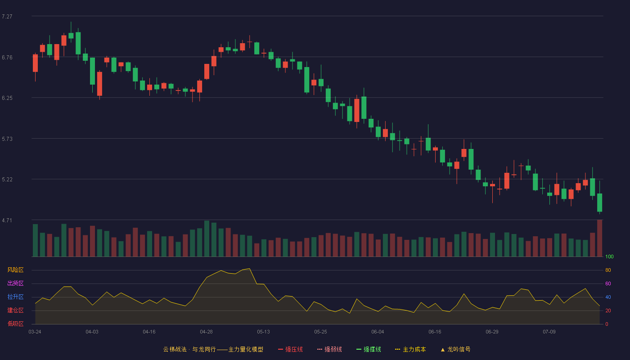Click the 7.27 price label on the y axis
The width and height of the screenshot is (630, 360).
click(x=7, y=17)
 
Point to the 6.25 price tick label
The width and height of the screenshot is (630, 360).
click(x=7, y=98)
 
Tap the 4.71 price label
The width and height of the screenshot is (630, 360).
click(x=7, y=220)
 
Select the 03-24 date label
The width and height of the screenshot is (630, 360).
click(x=35, y=332)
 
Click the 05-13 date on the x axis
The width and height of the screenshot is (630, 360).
click(x=263, y=332)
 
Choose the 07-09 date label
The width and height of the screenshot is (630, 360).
click(x=549, y=332)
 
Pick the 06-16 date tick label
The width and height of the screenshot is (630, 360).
click(x=435, y=332)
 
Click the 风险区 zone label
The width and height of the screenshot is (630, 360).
click(x=15, y=270)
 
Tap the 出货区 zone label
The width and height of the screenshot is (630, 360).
click(x=15, y=283)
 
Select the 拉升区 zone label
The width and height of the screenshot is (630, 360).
click(x=15, y=297)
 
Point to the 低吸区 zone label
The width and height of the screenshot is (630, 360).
click(x=15, y=324)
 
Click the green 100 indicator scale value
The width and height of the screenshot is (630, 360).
click(x=609, y=256)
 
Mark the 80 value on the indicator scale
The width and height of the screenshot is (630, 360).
click(x=608, y=270)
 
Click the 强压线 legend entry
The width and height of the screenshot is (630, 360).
click(x=290, y=349)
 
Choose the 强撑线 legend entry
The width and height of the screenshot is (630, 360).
click(x=369, y=349)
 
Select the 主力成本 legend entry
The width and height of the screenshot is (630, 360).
click(x=410, y=349)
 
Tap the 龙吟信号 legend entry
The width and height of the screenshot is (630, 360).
click(x=455, y=349)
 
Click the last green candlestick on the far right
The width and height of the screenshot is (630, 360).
click(x=599, y=202)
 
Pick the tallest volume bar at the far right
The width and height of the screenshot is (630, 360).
click(x=599, y=238)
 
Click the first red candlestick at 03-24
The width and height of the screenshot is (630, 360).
click(x=35, y=63)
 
